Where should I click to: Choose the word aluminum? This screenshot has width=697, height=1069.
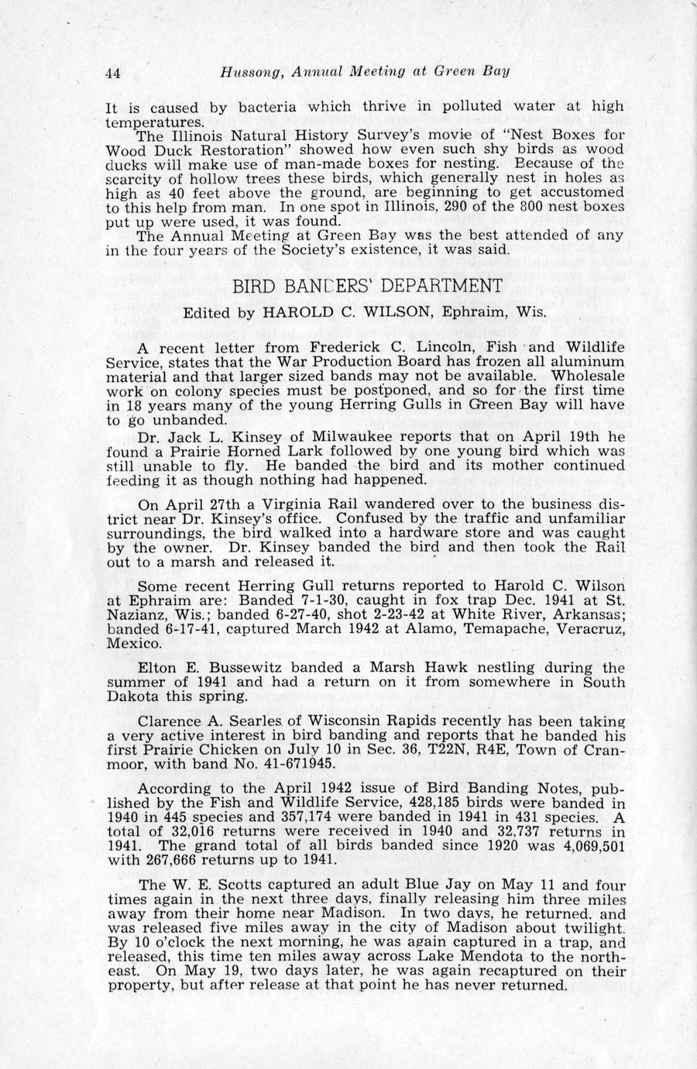point(582,362)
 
